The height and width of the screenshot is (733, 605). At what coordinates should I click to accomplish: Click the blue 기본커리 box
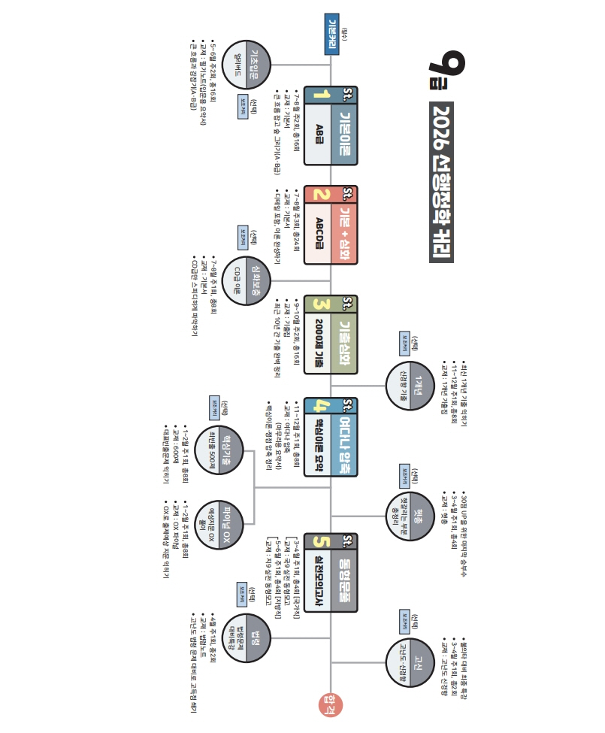331,35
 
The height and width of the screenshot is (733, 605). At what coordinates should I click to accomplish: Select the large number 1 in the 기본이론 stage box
322,95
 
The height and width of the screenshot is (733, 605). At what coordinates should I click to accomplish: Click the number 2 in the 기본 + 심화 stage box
322,195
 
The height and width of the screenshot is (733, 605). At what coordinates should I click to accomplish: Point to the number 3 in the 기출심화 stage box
322,304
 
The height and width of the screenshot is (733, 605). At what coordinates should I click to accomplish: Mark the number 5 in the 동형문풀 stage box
322,541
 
